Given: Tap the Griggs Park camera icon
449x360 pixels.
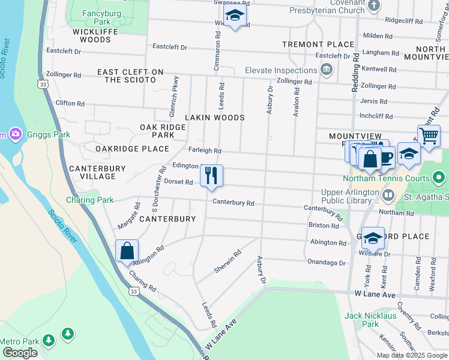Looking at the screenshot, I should [x=16, y=134].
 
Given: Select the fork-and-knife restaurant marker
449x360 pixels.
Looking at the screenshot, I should [x=211, y=175].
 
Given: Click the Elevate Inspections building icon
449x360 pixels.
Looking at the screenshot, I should [x=327, y=70].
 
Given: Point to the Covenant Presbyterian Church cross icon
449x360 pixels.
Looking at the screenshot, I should [x=373, y=6].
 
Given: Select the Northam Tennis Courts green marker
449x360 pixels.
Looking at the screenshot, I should [x=439, y=178].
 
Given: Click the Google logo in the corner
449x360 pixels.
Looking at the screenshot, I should [x=20, y=353].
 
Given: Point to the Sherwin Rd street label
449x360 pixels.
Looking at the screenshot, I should [x=228, y=262].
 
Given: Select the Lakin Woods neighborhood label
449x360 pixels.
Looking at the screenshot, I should [x=214, y=118].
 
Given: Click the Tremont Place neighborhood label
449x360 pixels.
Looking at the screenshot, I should [x=319, y=44].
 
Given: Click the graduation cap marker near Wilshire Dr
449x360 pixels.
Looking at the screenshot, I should [x=373, y=238].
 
